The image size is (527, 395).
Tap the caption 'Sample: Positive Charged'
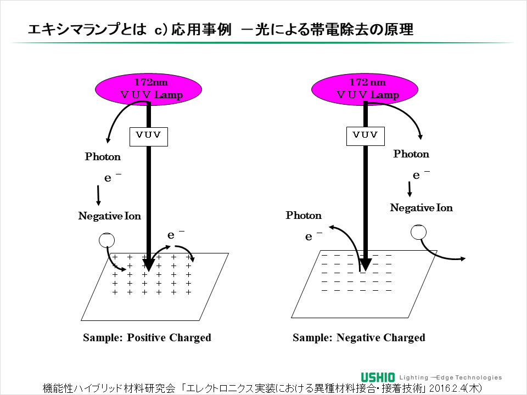click(147, 337)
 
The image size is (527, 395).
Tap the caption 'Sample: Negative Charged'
click(358, 337)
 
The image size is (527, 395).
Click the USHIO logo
click(378, 377)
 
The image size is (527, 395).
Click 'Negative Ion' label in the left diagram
click(109, 216)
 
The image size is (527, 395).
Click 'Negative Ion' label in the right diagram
click(421, 208)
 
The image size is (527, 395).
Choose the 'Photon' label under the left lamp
click(103, 157)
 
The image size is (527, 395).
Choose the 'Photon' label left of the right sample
click(304, 216)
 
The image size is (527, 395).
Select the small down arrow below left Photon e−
click(98, 195)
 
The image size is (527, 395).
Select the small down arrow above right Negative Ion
click(410, 189)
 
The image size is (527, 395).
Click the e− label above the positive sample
click(175, 235)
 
